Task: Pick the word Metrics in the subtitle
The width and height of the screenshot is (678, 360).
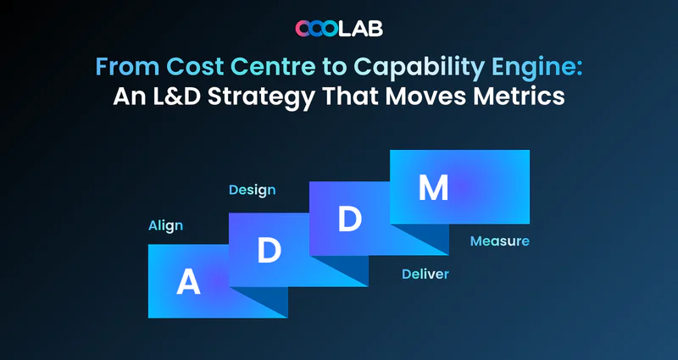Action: coord(519,97)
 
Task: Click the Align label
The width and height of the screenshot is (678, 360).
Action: coord(165,226)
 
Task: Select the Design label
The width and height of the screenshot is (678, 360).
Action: coord(252,191)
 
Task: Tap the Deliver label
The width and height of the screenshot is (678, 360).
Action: coord(425,274)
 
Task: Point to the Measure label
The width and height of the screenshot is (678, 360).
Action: coord(500,241)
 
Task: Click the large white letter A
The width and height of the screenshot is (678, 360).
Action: coord(188,282)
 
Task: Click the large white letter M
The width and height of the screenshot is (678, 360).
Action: coord(433,188)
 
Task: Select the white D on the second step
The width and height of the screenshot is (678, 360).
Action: coord(270,250)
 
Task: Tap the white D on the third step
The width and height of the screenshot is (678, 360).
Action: coord(350,219)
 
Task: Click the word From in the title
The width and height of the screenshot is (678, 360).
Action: coord(128,67)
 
